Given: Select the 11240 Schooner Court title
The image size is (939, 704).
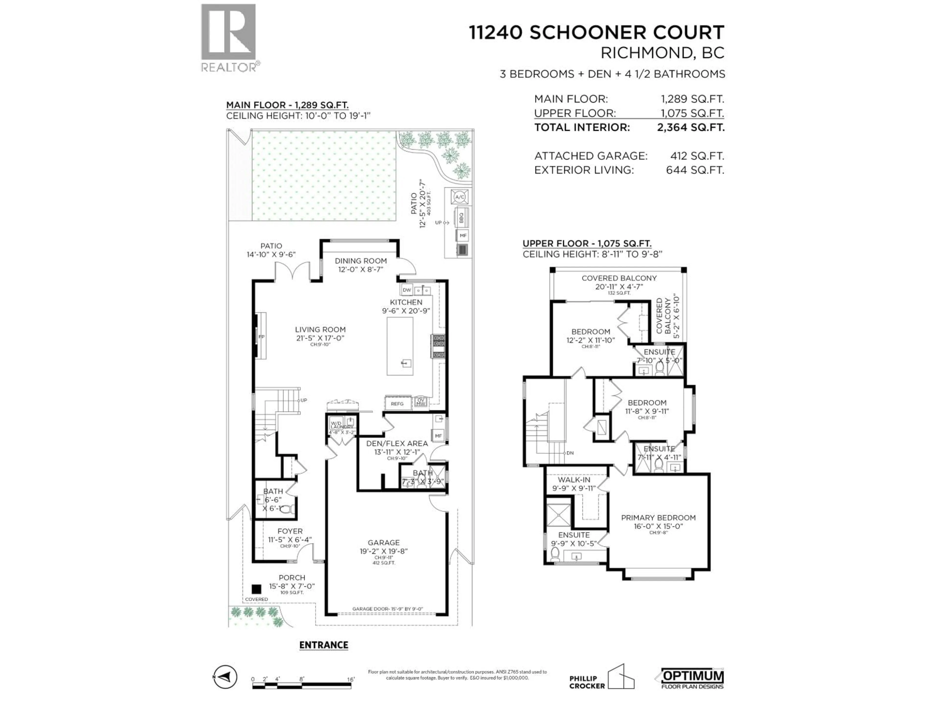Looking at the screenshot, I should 596,33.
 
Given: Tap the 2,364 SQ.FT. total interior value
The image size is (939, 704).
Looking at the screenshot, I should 691,127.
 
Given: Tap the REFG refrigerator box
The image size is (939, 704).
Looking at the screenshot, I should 397,404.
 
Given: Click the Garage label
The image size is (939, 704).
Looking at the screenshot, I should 383,543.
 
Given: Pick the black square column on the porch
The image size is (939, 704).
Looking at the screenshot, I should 256,589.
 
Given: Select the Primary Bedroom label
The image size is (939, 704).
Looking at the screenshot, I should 658,518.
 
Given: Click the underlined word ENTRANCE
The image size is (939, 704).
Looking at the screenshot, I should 324,645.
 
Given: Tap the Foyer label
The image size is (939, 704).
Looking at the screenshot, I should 290,531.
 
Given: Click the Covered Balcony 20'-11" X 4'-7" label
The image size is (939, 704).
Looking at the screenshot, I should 619,282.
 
